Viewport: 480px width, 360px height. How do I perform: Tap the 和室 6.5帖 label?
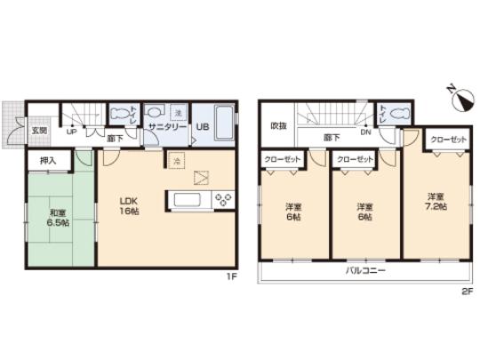[x=58, y=218]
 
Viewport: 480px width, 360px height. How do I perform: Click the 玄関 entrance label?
[x=40, y=131]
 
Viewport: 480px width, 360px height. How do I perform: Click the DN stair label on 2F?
[x=364, y=134]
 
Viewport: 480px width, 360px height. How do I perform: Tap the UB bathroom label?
[x=202, y=127]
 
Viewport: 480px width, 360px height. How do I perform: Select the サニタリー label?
[x=165, y=127]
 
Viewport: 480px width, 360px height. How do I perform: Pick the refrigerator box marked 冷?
[x=175, y=161]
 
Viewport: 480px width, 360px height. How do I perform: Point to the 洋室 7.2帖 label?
[x=436, y=201]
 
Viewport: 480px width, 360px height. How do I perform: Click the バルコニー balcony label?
[x=365, y=271]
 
